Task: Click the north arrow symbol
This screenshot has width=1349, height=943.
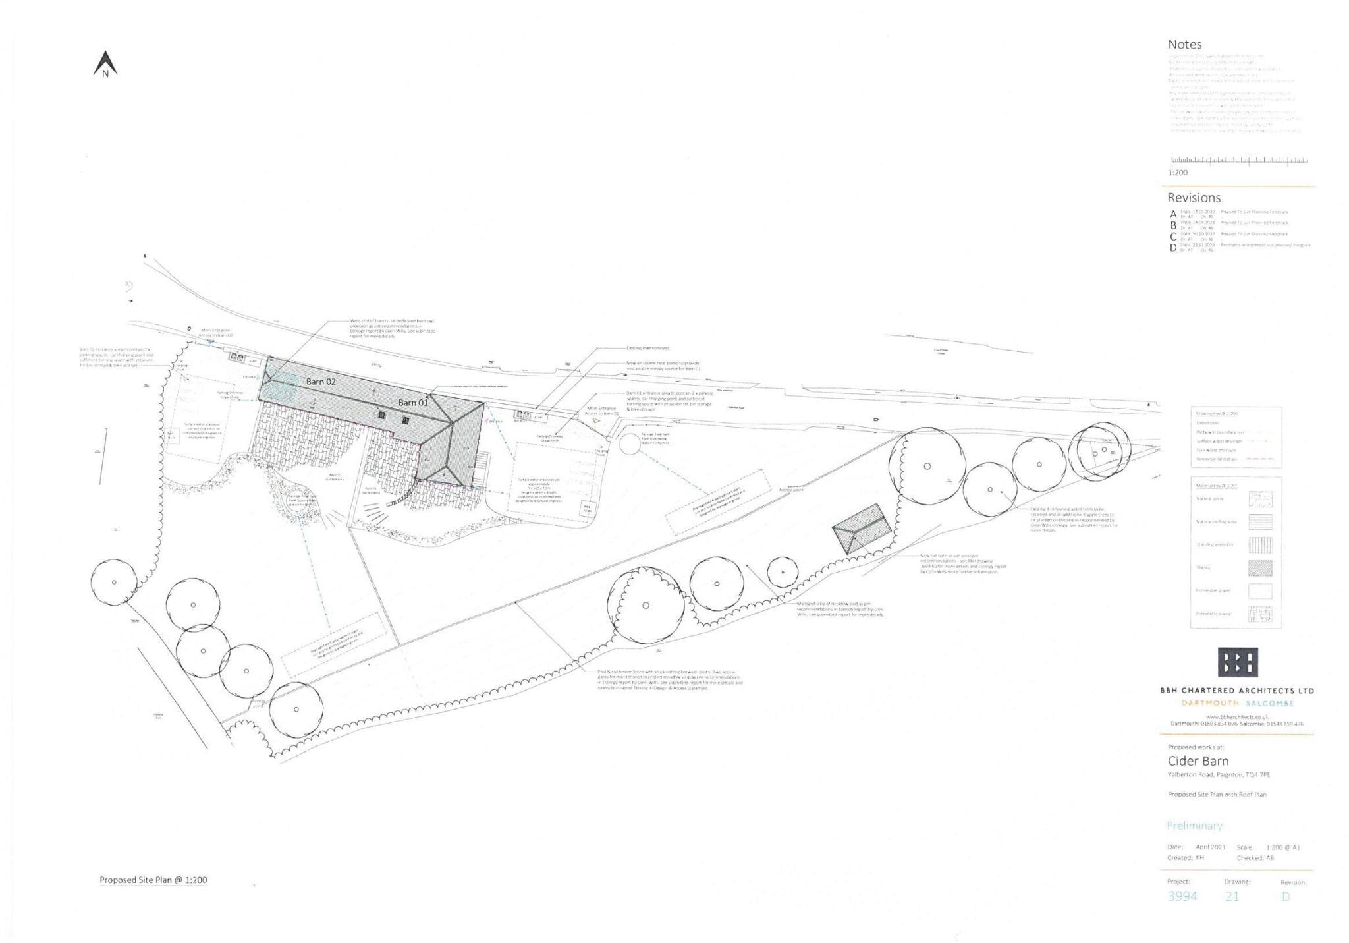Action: point(105,65)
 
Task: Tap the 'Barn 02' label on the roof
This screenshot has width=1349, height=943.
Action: point(321,382)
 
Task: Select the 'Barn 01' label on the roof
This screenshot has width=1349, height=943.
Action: point(413,403)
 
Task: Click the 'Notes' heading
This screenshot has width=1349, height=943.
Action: point(1184,45)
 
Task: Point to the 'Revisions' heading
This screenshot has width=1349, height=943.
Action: point(1194,198)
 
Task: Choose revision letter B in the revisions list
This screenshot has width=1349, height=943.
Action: point(1173,225)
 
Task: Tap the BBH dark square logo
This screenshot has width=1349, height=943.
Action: point(1237,662)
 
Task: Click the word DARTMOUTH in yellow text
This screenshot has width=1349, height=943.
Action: point(1209,703)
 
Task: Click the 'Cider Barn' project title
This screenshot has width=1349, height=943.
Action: point(1198,761)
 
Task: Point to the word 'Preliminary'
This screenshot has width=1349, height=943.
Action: point(1194,826)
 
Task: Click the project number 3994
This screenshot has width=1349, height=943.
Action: point(1182,896)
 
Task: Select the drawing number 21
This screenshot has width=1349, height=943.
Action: point(1232,896)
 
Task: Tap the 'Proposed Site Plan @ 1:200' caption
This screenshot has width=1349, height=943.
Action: point(153,880)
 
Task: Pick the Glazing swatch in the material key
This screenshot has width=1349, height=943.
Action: point(1259,568)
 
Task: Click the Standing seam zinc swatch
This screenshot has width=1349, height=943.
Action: point(1259,545)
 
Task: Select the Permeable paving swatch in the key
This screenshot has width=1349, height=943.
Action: point(1259,614)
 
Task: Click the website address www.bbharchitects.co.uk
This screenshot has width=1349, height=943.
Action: point(1236,716)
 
